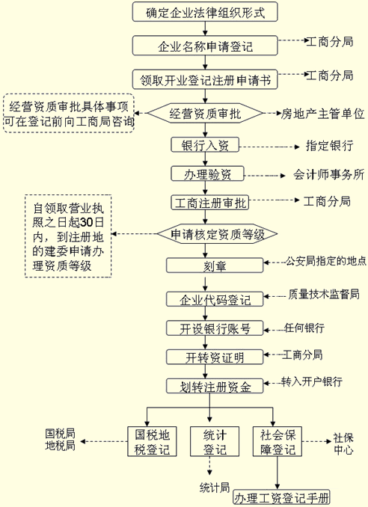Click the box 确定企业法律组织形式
(x=205, y=12)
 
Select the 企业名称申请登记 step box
(x=205, y=46)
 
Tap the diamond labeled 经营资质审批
(x=205, y=113)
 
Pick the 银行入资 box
(x=205, y=145)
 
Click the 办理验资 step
(x=207, y=174)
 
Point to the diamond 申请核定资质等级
(x=218, y=234)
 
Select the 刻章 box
(x=215, y=265)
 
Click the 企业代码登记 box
(x=215, y=299)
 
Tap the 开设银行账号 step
(x=215, y=328)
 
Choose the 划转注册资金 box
(x=215, y=386)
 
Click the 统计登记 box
(x=215, y=441)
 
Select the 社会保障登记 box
(x=277, y=441)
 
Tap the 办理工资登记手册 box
(x=282, y=497)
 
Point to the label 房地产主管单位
(x=322, y=114)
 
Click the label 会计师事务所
(x=329, y=174)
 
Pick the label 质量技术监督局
(x=324, y=294)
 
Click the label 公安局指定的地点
(x=325, y=261)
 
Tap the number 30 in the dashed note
(x=86, y=222)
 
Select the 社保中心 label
(x=343, y=444)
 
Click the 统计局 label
(x=215, y=488)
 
